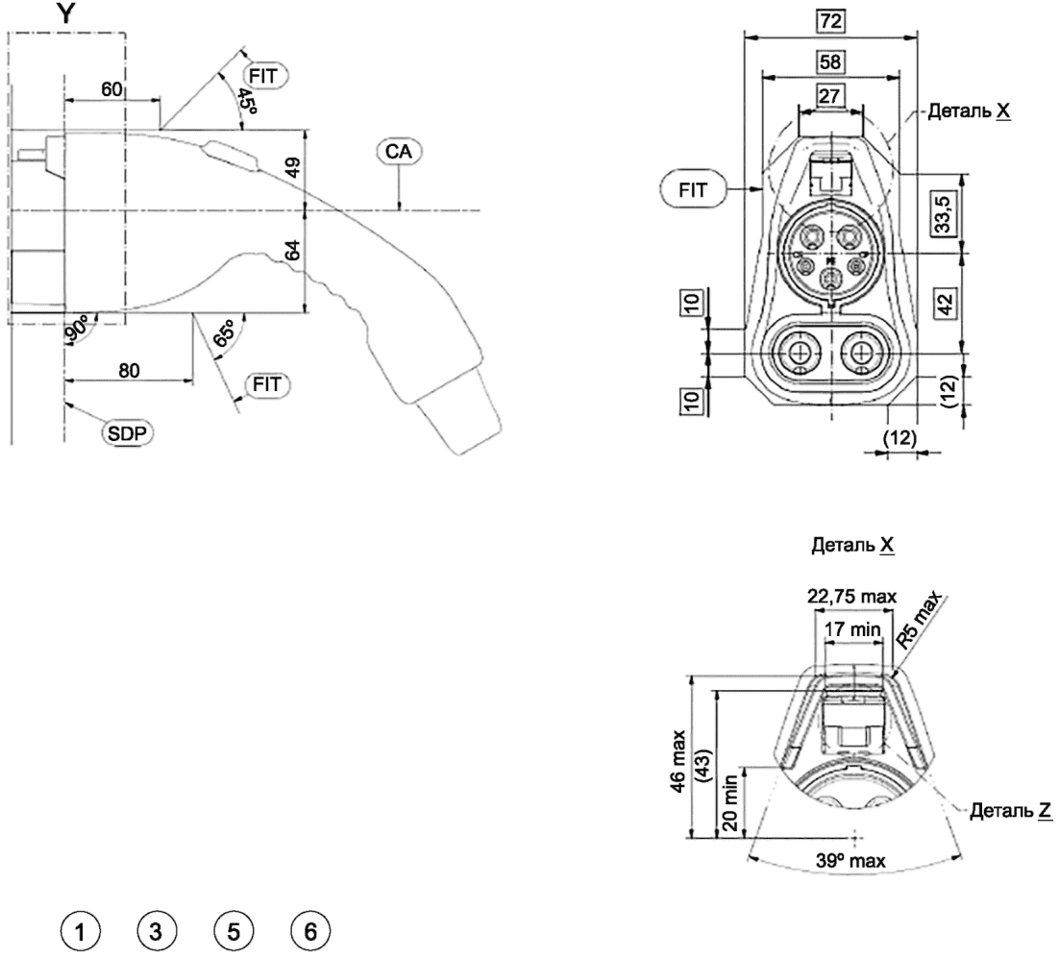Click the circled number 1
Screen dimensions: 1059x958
[81, 932]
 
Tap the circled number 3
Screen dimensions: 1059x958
[156, 932]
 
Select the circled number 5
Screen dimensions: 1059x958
[233, 932]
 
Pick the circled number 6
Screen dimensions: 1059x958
[310, 932]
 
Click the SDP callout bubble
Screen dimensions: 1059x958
[127, 433]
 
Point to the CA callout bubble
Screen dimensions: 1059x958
[399, 151]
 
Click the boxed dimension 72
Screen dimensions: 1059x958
[830, 21]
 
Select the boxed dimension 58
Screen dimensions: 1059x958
[830, 62]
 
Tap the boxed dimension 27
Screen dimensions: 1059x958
[829, 96]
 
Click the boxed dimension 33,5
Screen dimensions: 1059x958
[942, 212]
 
